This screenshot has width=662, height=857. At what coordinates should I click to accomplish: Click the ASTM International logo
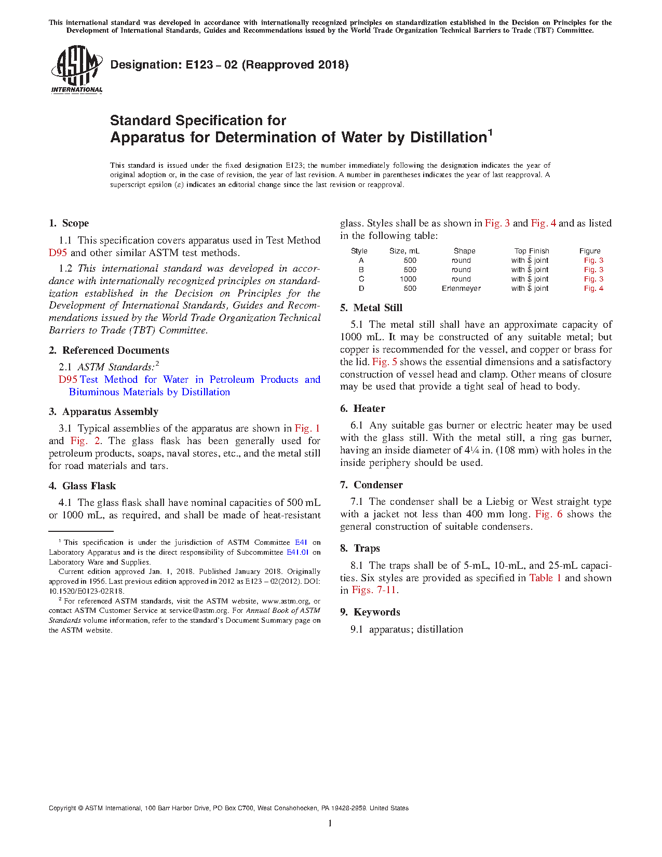pos(77,69)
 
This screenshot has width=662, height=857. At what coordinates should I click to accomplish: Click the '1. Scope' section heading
pos(69,223)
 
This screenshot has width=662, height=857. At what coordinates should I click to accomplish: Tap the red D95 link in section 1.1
pos(58,253)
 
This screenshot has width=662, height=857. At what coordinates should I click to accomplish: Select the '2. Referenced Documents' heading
pos(109,351)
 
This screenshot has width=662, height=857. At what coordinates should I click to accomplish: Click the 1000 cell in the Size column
pos(408,279)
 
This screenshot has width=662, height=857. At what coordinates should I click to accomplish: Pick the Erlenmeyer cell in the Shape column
pos(461,288)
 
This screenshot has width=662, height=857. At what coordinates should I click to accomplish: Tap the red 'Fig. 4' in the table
pos(593,288)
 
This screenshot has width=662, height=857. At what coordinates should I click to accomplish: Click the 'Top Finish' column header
pos(532,251)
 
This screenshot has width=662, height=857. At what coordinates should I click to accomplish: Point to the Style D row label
pos(361,288)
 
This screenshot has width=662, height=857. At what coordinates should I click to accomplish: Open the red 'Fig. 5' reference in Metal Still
pos(384,362)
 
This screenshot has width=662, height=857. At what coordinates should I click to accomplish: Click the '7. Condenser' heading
pos(372,485)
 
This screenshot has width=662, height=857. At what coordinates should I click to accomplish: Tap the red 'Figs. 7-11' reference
pos(374,591)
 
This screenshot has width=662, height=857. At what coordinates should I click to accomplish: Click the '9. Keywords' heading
pos(370,612)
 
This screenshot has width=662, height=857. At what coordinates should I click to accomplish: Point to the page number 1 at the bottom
pos(330,823)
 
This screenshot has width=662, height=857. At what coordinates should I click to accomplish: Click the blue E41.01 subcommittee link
pos(298,552)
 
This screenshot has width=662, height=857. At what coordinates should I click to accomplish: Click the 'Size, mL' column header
pos(404,251)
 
